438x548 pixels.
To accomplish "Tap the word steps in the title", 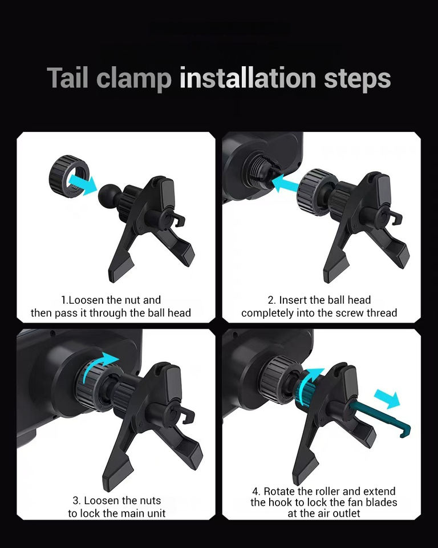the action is click(357, 79).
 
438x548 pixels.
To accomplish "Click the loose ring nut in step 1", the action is click(69, 176).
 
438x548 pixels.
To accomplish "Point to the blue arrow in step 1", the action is click(83, 184).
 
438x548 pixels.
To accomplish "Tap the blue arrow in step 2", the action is click(285, 183).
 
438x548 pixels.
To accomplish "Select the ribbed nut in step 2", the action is click(315, 192).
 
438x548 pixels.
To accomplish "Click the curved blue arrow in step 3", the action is click(98, 365).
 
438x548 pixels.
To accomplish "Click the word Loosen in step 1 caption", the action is click(87, 300).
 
